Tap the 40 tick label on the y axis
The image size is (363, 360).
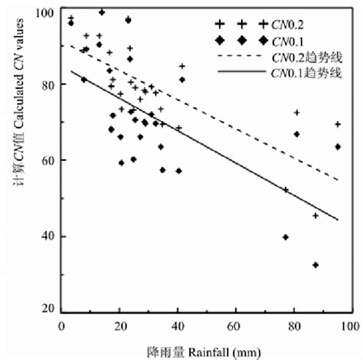[47, 235]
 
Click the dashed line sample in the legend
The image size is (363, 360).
[240, 56]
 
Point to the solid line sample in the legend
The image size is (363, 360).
[240, 73]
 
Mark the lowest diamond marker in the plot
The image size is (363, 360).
[316, 265]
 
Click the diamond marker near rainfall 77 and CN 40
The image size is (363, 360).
[286, 237]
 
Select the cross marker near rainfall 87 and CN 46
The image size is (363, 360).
[316, 216]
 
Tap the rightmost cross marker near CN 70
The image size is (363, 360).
[338, 124]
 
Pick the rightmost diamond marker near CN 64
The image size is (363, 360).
[338, 146]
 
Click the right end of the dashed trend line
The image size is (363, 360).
[338, 180]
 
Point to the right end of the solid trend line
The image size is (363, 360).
[338, 220]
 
